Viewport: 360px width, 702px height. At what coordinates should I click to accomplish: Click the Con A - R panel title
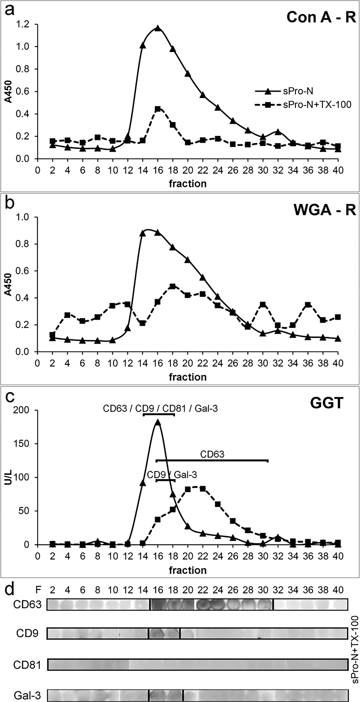321,17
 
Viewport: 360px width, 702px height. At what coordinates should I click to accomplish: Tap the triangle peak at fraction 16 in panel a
158,28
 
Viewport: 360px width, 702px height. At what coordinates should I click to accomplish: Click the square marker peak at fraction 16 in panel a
158,109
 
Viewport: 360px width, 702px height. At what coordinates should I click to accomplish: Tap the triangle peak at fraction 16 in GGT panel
158,422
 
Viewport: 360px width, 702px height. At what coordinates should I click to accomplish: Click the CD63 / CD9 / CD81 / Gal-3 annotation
160,409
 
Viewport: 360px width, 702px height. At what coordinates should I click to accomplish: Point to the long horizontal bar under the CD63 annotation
212,460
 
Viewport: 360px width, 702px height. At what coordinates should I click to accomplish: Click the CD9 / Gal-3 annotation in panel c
172,475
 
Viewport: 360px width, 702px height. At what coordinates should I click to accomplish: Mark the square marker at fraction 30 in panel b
263,305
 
